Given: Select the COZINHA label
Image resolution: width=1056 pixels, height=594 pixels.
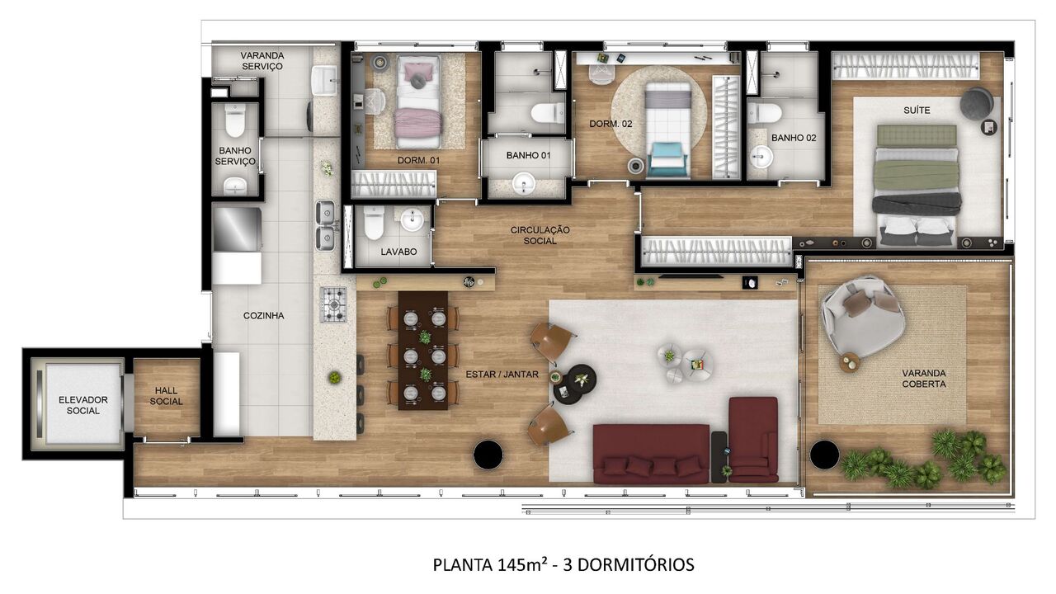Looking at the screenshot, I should click(x=263, y=315).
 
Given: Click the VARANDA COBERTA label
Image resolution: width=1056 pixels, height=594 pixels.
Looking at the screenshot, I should click(x=923, y=378).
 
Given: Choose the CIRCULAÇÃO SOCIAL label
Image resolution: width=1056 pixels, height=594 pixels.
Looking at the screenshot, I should click(x=546, y=235).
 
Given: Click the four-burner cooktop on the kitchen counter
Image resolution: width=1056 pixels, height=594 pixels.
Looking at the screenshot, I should click(x=333, y=304).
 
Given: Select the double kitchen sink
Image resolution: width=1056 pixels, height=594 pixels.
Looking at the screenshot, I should click(x=326, y=225).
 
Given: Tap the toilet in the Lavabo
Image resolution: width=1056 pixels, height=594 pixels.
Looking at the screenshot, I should click(x=374, y=223).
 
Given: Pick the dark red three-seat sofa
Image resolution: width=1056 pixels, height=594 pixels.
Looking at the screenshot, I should click(x=651, y=454).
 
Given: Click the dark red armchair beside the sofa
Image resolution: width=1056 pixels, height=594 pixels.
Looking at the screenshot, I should click(x=753, y=439).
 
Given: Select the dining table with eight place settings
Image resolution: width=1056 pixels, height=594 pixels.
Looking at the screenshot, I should click(x=423, y=350).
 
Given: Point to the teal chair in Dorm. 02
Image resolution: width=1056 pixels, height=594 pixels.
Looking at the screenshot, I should click(x=667, y=158).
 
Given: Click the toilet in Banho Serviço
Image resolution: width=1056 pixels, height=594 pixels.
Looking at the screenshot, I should click(x=235, y=123).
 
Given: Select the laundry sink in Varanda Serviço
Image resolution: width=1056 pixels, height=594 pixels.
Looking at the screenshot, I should click(x=325, y=80).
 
